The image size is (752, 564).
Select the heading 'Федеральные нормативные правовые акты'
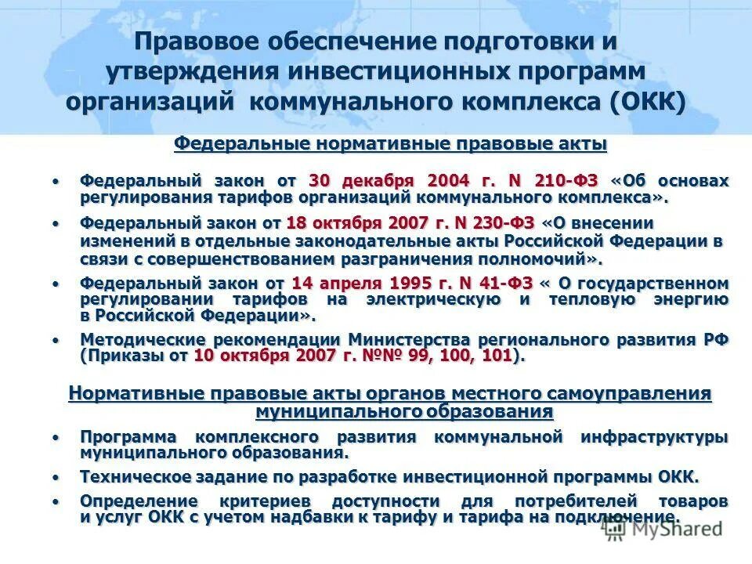[390, 144]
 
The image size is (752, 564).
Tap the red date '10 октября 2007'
[251, 356]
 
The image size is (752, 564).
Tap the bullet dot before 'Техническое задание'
[56, 477]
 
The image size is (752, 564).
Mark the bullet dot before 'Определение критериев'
[56, 501]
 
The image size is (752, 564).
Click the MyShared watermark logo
[662, 529]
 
